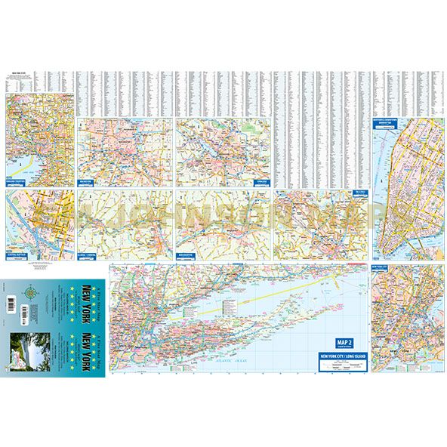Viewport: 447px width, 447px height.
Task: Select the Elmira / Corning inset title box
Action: (x=90, y=256)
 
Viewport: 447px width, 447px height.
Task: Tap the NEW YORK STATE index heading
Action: (x=19, y=74)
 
